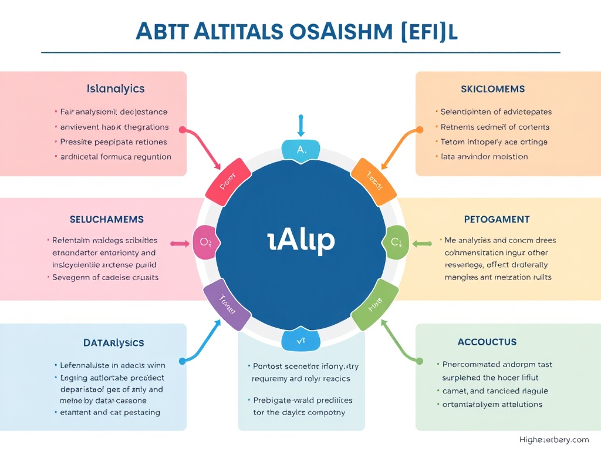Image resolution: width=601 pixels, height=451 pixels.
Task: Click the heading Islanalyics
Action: (x=116, y=89)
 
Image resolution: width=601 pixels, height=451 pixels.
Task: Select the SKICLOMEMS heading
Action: (x=493, y=89)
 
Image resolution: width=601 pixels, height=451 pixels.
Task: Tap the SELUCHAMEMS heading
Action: (x=106, y=219)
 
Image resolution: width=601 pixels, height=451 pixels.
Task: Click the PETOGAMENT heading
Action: (x=497, y=220)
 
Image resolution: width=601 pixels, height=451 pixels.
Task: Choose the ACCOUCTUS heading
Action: (x=487, y=342)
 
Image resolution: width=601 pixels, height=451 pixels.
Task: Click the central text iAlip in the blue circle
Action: (x=300, y=240)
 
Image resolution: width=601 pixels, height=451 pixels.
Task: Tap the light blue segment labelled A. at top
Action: (x=301, y=150)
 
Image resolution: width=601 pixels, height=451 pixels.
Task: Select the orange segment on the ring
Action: (x=373, y=180)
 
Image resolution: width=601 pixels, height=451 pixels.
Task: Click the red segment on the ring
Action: (x=228, y=180)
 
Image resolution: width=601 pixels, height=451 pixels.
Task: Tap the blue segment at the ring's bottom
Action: (x=300, y=339)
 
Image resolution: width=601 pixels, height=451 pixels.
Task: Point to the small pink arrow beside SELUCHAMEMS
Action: (x=180, y=243)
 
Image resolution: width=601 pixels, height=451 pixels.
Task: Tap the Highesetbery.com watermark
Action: (x=554, y=439)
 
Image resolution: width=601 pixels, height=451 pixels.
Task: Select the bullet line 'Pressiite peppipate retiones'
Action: (x=114, y=142)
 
